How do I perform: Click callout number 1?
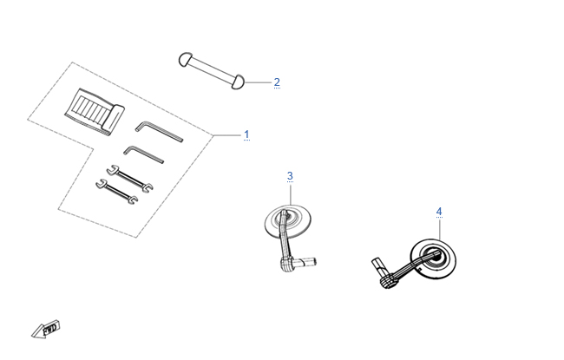coord(246,134)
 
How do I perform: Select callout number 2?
coord(277,82)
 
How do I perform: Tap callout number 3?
coord(290,176)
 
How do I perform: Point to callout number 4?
coord(439,212)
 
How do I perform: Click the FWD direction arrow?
coord(46,329)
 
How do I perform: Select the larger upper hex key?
coord(160,132)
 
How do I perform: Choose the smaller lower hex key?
coord(144,154)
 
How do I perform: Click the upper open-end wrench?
coord(129,179)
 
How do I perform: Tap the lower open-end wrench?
coord(117,192)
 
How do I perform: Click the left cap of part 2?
coord(186,60)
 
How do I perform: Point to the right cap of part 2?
coord(238,82)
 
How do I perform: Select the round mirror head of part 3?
coord(288,221)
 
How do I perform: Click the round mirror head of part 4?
coord(434,259)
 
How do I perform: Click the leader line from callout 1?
coord(226,135)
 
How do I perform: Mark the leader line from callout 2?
coord(258,82)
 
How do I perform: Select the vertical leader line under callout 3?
coord(291,194)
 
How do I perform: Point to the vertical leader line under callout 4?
coord(440,229)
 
